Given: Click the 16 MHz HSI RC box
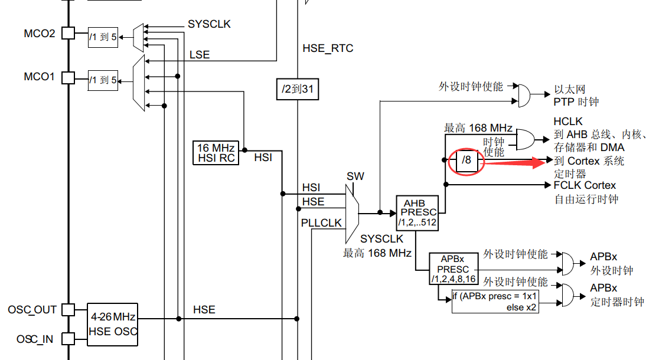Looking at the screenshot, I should [216, 152].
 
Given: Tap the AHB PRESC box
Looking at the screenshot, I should [417, 213].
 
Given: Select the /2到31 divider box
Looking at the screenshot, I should [298, 89].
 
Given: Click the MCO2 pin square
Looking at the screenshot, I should [68, 33].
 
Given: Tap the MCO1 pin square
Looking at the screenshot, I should [68, 77].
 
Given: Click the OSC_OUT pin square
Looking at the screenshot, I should [68, 310].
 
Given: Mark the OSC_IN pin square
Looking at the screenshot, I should [68, 338].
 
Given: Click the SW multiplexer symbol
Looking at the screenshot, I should [352, 213].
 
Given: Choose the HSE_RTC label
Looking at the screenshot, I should [328, 48].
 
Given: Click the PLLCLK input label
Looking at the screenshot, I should [321, 223].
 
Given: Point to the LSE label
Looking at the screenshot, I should [199, 55].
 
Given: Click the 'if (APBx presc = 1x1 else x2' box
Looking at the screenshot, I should [495, 302].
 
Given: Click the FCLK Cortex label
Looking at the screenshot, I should [585, 185].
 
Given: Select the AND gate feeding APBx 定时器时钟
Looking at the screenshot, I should [566, 294].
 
